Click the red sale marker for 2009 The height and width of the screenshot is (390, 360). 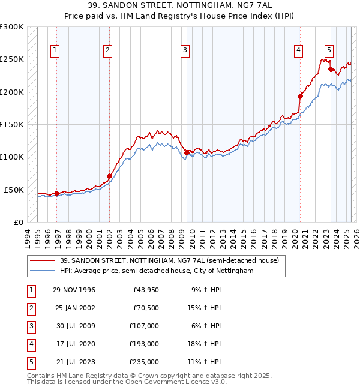pyautogui.click(x=187, y=152)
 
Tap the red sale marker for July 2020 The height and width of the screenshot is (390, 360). pyautogui.click(x=301, y=96)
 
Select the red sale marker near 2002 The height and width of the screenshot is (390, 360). pyautogui.click(x=109, y=176)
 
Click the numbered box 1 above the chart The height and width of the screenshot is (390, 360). pyautogui.click(x=55, y=51)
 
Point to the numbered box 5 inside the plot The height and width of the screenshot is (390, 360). pyautogui.click(x=329, y=51)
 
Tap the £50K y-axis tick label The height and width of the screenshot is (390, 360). pyautogui.click(x=14, y=190)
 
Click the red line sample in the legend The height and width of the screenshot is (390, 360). pyautogui.click(x=43, y=261)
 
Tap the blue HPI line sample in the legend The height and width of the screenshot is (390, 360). pyautogui.click(x=43, y=271)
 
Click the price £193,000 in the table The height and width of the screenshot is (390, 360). pyautogui.click(x=144, y=344)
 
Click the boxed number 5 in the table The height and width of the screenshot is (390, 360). pyautogui.click(x=30, y=362)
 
